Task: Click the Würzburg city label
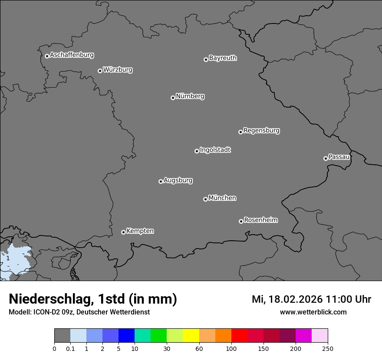click(x=118, y=70)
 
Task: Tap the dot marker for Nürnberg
click(x=173, y=98)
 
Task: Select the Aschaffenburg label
click(x=72, y=55)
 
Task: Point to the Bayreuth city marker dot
click(x=206, y=59)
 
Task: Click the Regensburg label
click(x=261, y=131)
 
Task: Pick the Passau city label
click(x=339, y=157)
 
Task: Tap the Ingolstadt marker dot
click(x=197, y=151)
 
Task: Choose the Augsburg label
click(x=178, y=180)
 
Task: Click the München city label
click(x=222, y=198)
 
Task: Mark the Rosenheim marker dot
click(x=241, y=222)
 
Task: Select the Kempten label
click(x=140, y=231)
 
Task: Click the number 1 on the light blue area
click(x=7, y=258)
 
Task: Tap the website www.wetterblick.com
click(x=313, y=312)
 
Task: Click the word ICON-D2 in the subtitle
click(x=45, y=312)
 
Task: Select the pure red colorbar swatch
click(x=239, y=336)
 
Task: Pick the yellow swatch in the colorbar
click(x=191, y=336)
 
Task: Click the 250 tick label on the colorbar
click(x=328, y=349)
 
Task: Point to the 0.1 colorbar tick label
click(x=70, y=349)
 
